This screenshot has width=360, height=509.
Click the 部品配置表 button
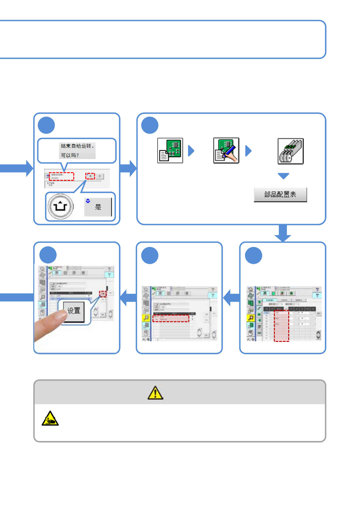(280, 195)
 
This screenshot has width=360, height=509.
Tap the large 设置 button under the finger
(74, 311)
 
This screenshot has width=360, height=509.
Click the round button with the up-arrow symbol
(61, 207)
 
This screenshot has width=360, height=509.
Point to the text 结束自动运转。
(77, 146)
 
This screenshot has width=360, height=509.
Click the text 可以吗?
(70, 155)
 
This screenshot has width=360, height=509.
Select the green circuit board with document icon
(170, 151)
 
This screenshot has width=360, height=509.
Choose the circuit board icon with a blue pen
(226, 151)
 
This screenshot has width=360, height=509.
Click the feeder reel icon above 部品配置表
(290, 151)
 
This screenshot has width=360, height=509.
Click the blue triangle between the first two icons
(191, 151)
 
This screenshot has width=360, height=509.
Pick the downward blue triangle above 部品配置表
(283, 176)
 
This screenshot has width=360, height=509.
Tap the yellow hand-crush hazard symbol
(50, 419)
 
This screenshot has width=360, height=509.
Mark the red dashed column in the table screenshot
(281, 326)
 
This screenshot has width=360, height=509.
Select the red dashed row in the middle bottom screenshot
(171, 318)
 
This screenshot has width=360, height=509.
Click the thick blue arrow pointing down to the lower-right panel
(283, 233)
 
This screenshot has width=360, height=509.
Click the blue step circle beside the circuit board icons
(150, 125)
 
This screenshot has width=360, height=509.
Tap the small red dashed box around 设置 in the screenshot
(103, 294)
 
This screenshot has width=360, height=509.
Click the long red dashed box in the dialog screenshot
(61, 176)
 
